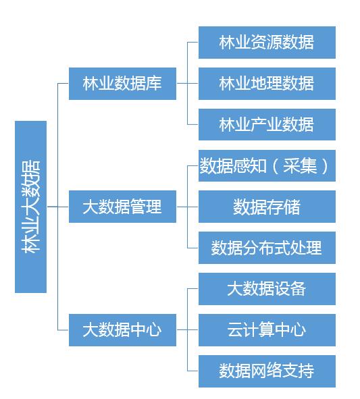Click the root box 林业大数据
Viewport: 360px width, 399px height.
click(31, 207)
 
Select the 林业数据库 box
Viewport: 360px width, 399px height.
click(122, 84)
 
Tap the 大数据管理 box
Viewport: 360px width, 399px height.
click(122, 207)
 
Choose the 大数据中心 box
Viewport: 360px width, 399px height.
click(122, 329)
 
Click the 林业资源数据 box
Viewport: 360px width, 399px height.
click(267, 43)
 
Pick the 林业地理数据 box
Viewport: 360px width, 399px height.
click(267, 84)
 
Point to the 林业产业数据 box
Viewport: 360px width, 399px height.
click(267, 124)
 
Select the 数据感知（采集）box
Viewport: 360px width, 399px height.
click(267, 165)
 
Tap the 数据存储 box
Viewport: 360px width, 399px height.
click(267, 207)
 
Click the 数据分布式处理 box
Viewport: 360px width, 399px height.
click(267, 248)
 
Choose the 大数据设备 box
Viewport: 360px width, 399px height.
click(267, 289)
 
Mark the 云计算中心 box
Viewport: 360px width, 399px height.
click(267, 329)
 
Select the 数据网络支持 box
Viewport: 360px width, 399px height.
click(267, 371)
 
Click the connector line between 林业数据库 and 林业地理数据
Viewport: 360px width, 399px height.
click(187, 83)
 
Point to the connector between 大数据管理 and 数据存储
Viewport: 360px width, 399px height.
click(187, 207)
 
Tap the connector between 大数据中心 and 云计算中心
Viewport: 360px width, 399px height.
click(187, 329)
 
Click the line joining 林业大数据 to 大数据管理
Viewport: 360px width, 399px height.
click(58, 207)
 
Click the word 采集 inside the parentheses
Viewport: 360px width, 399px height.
click(300, 166)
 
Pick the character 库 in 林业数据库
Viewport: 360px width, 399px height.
click(154, 84)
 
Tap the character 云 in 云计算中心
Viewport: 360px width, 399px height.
click(235, 330)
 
